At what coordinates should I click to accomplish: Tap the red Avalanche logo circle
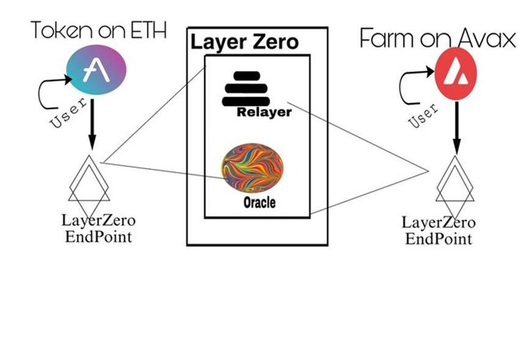click(x=456, y=74)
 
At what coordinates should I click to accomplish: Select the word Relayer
click(x=264, y=112)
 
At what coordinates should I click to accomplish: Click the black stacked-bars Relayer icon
click(x=245, y=89)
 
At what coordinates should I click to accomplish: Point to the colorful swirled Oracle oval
click(x=253, y=168)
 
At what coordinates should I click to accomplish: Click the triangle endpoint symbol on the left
click(x=89, y=178)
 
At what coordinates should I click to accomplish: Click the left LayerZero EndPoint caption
click(x=98, y=227)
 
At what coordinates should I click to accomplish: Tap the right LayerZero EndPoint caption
click(x=438, y=230)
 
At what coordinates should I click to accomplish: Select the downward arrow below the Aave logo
click(x=92, y=125)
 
